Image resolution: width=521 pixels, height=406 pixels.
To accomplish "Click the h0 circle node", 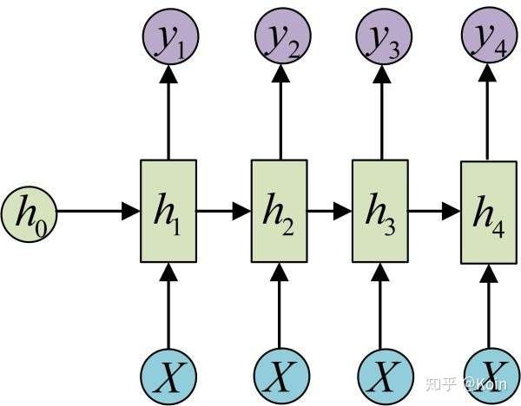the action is pos(30,214).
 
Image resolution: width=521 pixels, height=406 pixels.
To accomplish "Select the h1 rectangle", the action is pos(168,211).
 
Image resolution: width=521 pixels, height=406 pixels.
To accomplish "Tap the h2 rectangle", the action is pos(279,211).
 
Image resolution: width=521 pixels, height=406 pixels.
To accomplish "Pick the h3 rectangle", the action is pos(380,211).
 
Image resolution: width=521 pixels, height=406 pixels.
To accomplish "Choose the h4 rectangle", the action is pos(488,213).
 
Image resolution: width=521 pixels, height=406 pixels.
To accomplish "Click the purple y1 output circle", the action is pos(170,36).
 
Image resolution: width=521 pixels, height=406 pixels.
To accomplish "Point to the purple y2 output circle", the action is pos(283,36).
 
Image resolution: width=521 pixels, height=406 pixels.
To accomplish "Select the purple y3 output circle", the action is pos(384,36).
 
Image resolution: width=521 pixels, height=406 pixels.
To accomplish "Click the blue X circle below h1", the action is pos(168,377).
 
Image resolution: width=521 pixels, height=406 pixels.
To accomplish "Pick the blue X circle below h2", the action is pos(281,377).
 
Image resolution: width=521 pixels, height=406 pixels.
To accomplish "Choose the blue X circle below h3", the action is pos(386,377).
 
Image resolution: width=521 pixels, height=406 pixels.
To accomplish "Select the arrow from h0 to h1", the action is pos(98,211).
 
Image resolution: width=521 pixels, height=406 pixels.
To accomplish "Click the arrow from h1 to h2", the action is pos(224,211).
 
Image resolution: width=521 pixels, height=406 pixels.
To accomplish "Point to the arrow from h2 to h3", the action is pos(330,211).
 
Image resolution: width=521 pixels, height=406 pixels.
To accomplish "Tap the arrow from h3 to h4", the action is pos(434,211).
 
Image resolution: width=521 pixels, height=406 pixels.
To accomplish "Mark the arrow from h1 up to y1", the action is pos(168,112).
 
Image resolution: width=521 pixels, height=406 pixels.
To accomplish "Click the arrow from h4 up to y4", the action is pos(487,113).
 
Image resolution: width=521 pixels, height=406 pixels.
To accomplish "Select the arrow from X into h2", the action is pos(280,305).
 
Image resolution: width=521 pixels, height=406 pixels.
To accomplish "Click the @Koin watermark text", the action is pos(485,383).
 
